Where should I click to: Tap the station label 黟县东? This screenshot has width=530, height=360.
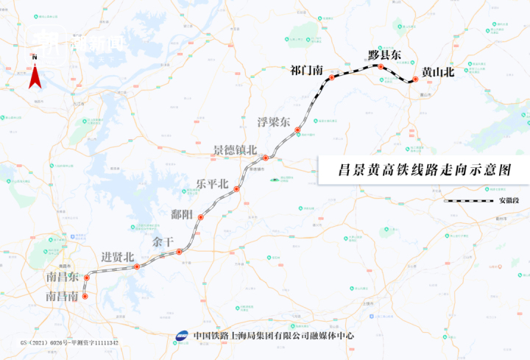click(385, 55)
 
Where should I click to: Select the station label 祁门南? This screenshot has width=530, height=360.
click(308, 71)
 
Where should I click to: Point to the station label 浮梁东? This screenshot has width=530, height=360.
click(273, 121)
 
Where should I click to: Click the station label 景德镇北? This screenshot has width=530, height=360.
click(235, 149)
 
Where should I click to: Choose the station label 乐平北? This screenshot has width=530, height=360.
click(212, 183)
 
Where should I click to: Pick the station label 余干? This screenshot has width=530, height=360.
click(163, 241)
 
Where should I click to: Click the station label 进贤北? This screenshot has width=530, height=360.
click(118, 257)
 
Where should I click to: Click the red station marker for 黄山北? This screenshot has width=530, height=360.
click(415, 80)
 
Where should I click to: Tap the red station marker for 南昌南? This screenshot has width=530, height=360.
click(85, 297)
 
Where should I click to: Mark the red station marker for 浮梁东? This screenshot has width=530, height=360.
click(297, 131)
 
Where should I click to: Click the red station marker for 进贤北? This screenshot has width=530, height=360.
click(136, 267)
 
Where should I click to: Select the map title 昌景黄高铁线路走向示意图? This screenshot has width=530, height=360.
click(423, 170)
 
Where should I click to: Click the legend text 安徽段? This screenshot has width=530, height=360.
click(503, 200)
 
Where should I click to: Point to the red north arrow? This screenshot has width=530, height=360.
click(34, 76)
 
